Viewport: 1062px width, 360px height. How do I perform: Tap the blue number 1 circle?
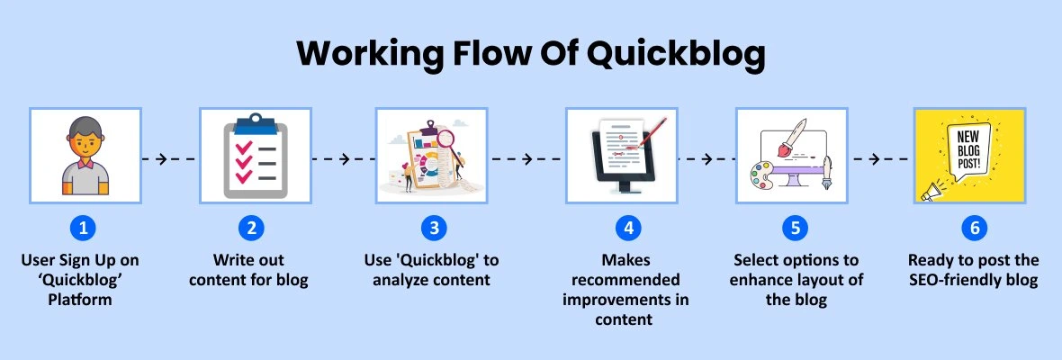click(84, 229)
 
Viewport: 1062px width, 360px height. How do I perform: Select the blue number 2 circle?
click(250, 229)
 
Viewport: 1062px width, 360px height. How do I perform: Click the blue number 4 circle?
click(628, 229)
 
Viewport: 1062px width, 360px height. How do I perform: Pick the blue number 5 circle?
click(795, 229)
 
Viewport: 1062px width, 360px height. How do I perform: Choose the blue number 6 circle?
click(975, 229)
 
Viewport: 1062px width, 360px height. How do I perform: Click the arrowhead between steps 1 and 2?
click(162, 159)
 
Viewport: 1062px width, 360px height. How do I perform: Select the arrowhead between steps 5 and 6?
click(875, 159)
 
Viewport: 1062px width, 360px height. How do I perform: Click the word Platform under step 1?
click(80, 299)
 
